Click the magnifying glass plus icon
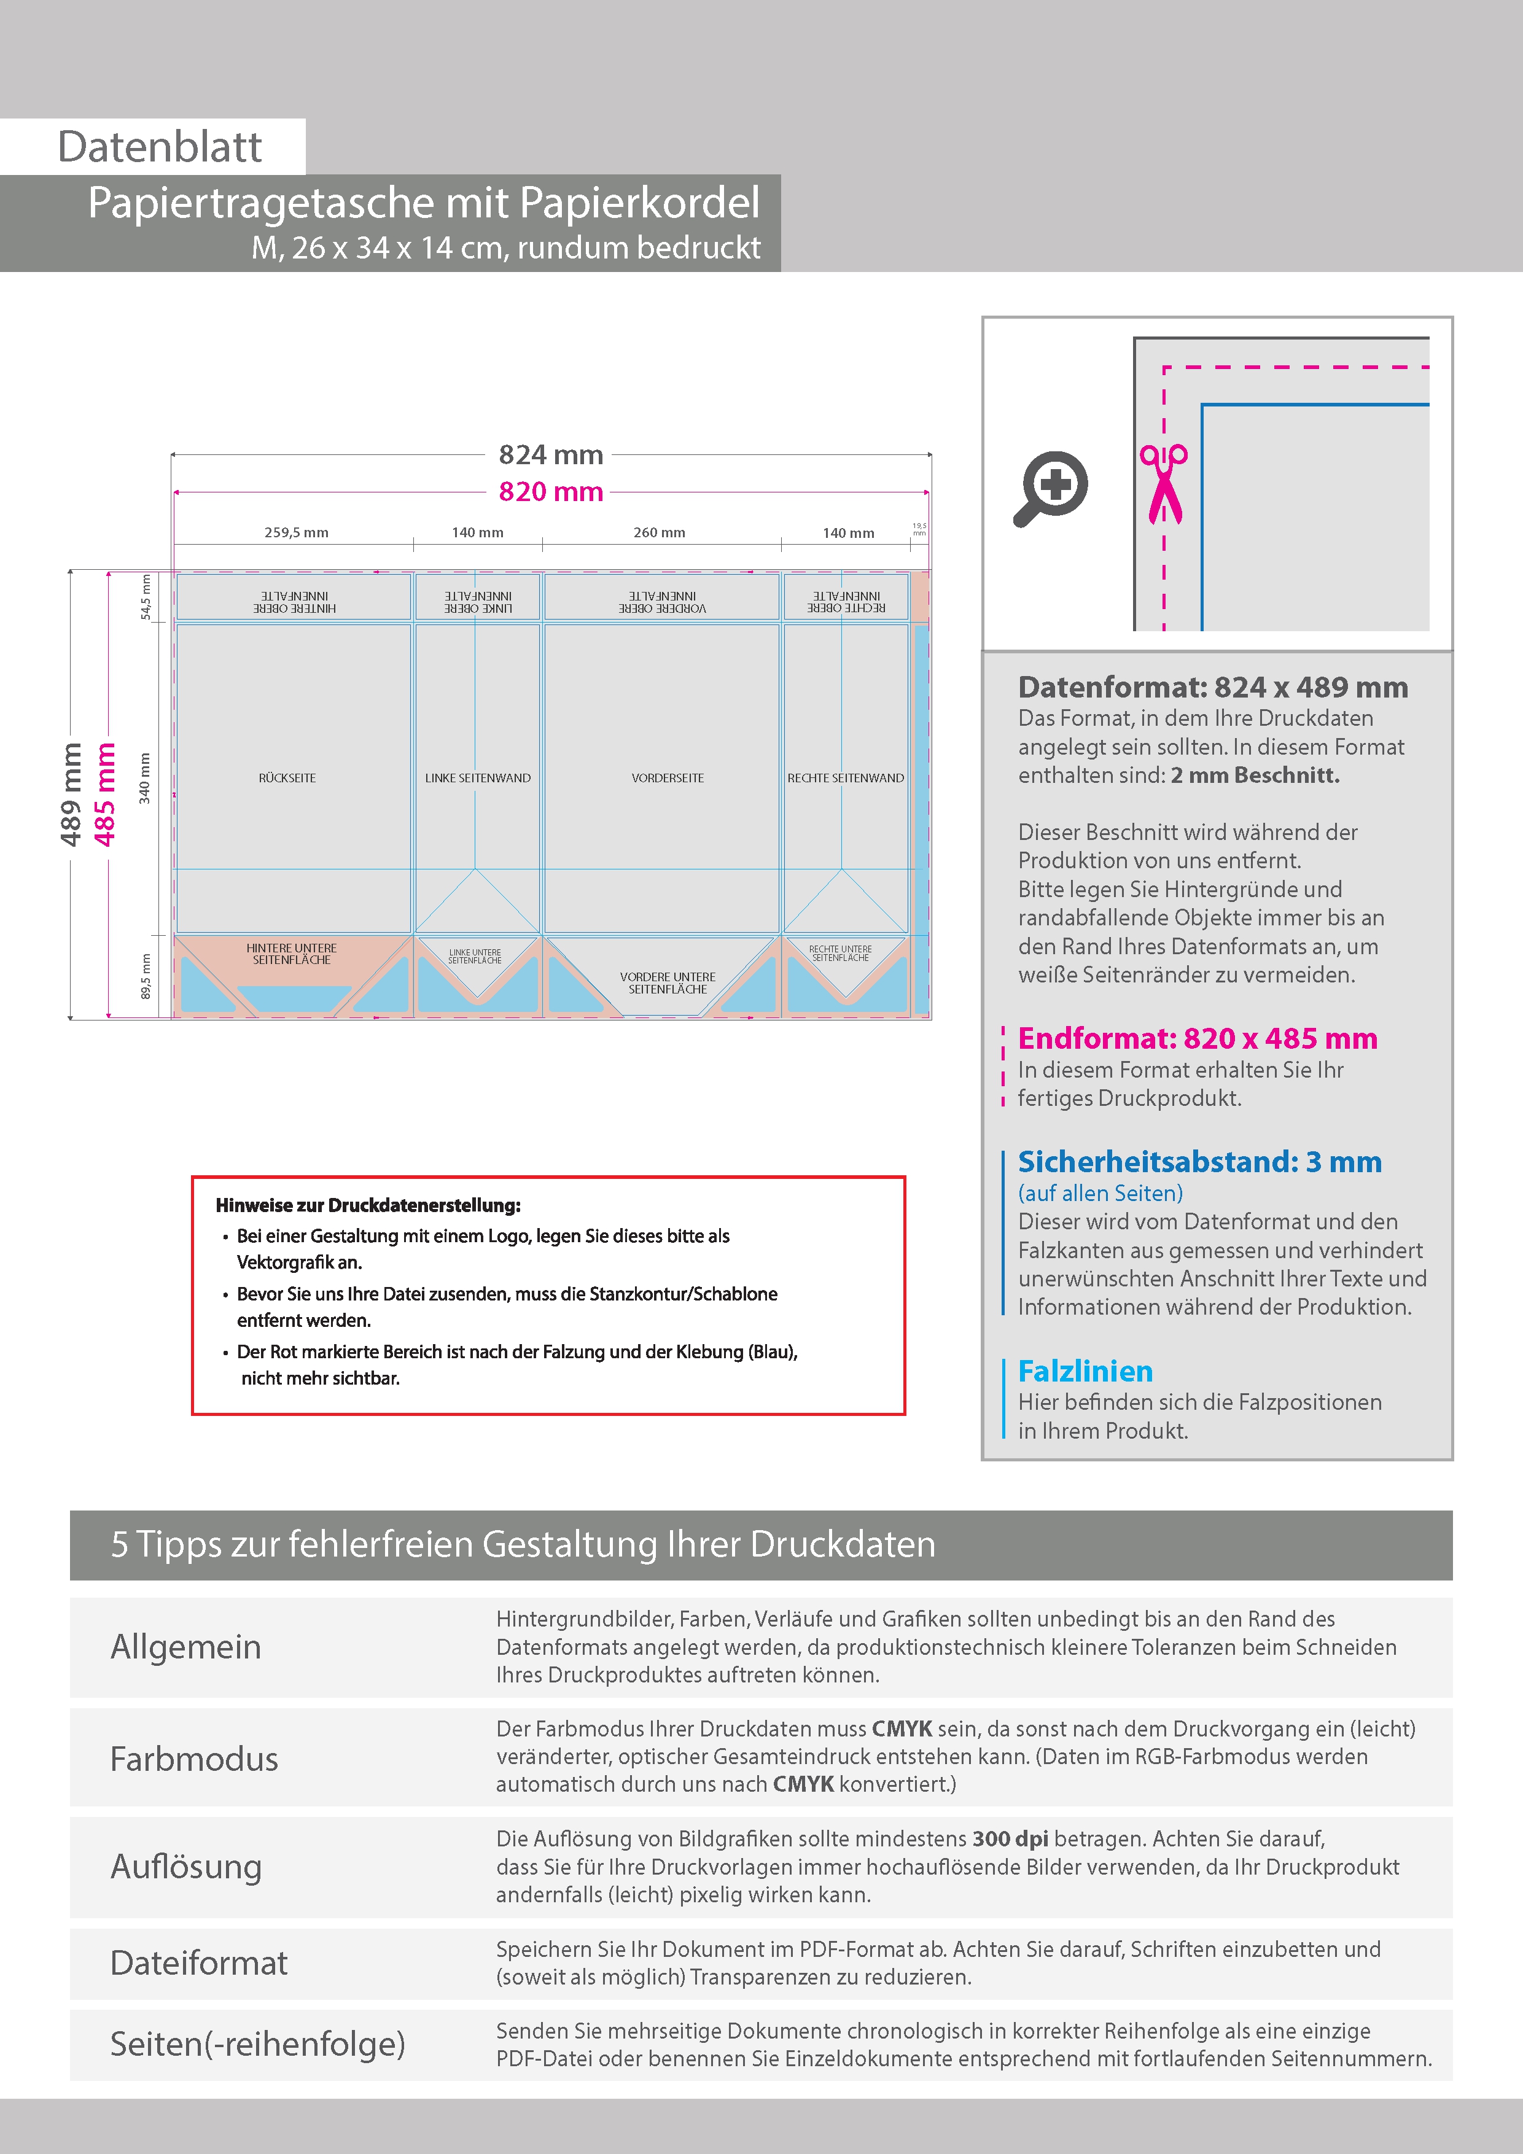tap(1051, 488)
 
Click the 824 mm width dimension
tap(551, 455)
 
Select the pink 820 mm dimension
tap(551, 492)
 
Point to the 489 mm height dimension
tap(71, 794)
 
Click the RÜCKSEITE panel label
tap(287, 778)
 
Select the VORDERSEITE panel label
tap(667, 778)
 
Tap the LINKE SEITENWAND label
tap(478, 778)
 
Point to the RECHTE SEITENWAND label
tap(846, 778)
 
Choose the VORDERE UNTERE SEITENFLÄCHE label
tap(667, 983)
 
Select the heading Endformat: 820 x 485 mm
tap(1198, 1038)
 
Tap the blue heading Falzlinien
tap(1086, 1372)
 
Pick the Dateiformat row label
tap(199, 1962)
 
